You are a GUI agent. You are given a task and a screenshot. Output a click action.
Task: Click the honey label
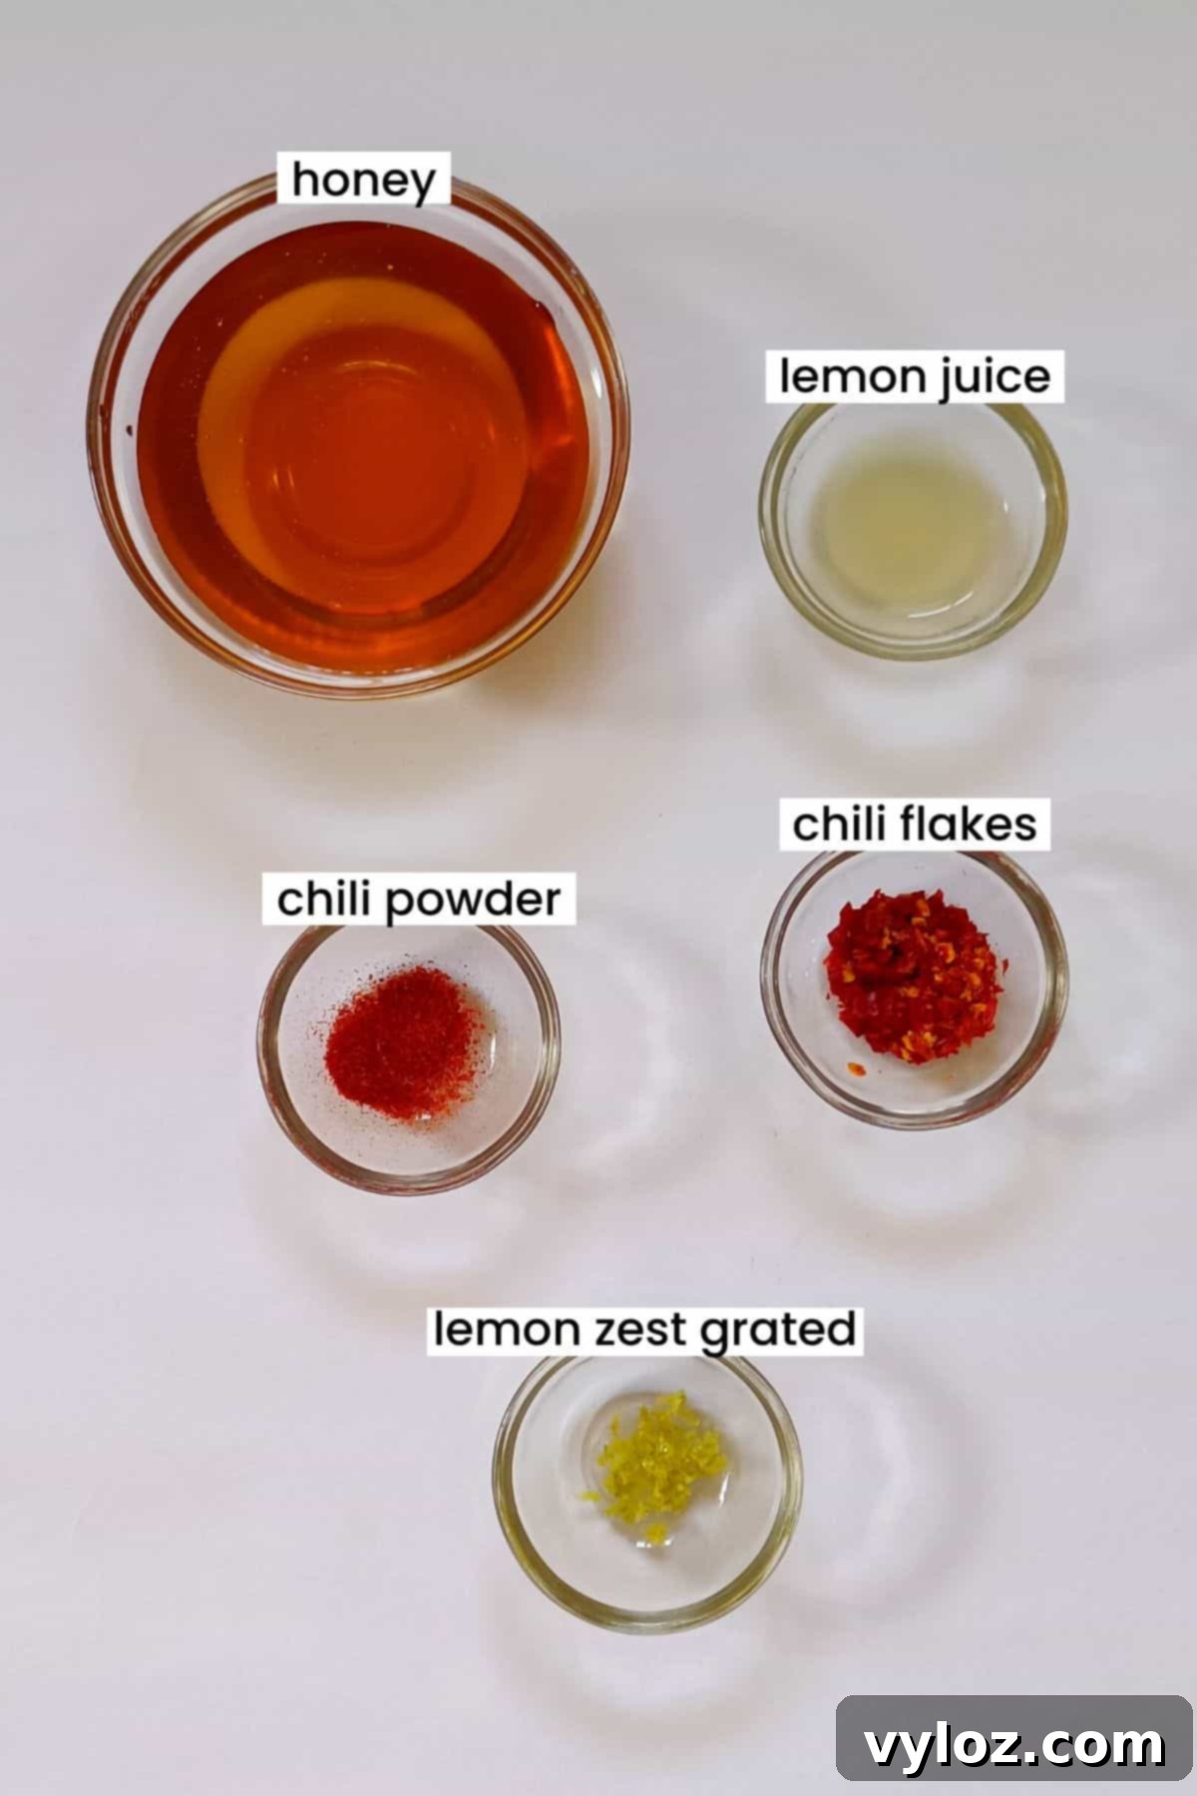click(364, 182)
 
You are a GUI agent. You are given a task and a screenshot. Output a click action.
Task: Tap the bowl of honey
click(359, 439)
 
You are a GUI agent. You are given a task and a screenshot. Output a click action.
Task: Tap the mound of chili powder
click(404, 1038)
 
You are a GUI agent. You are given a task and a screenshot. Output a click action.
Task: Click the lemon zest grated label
click(644, 1330)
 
